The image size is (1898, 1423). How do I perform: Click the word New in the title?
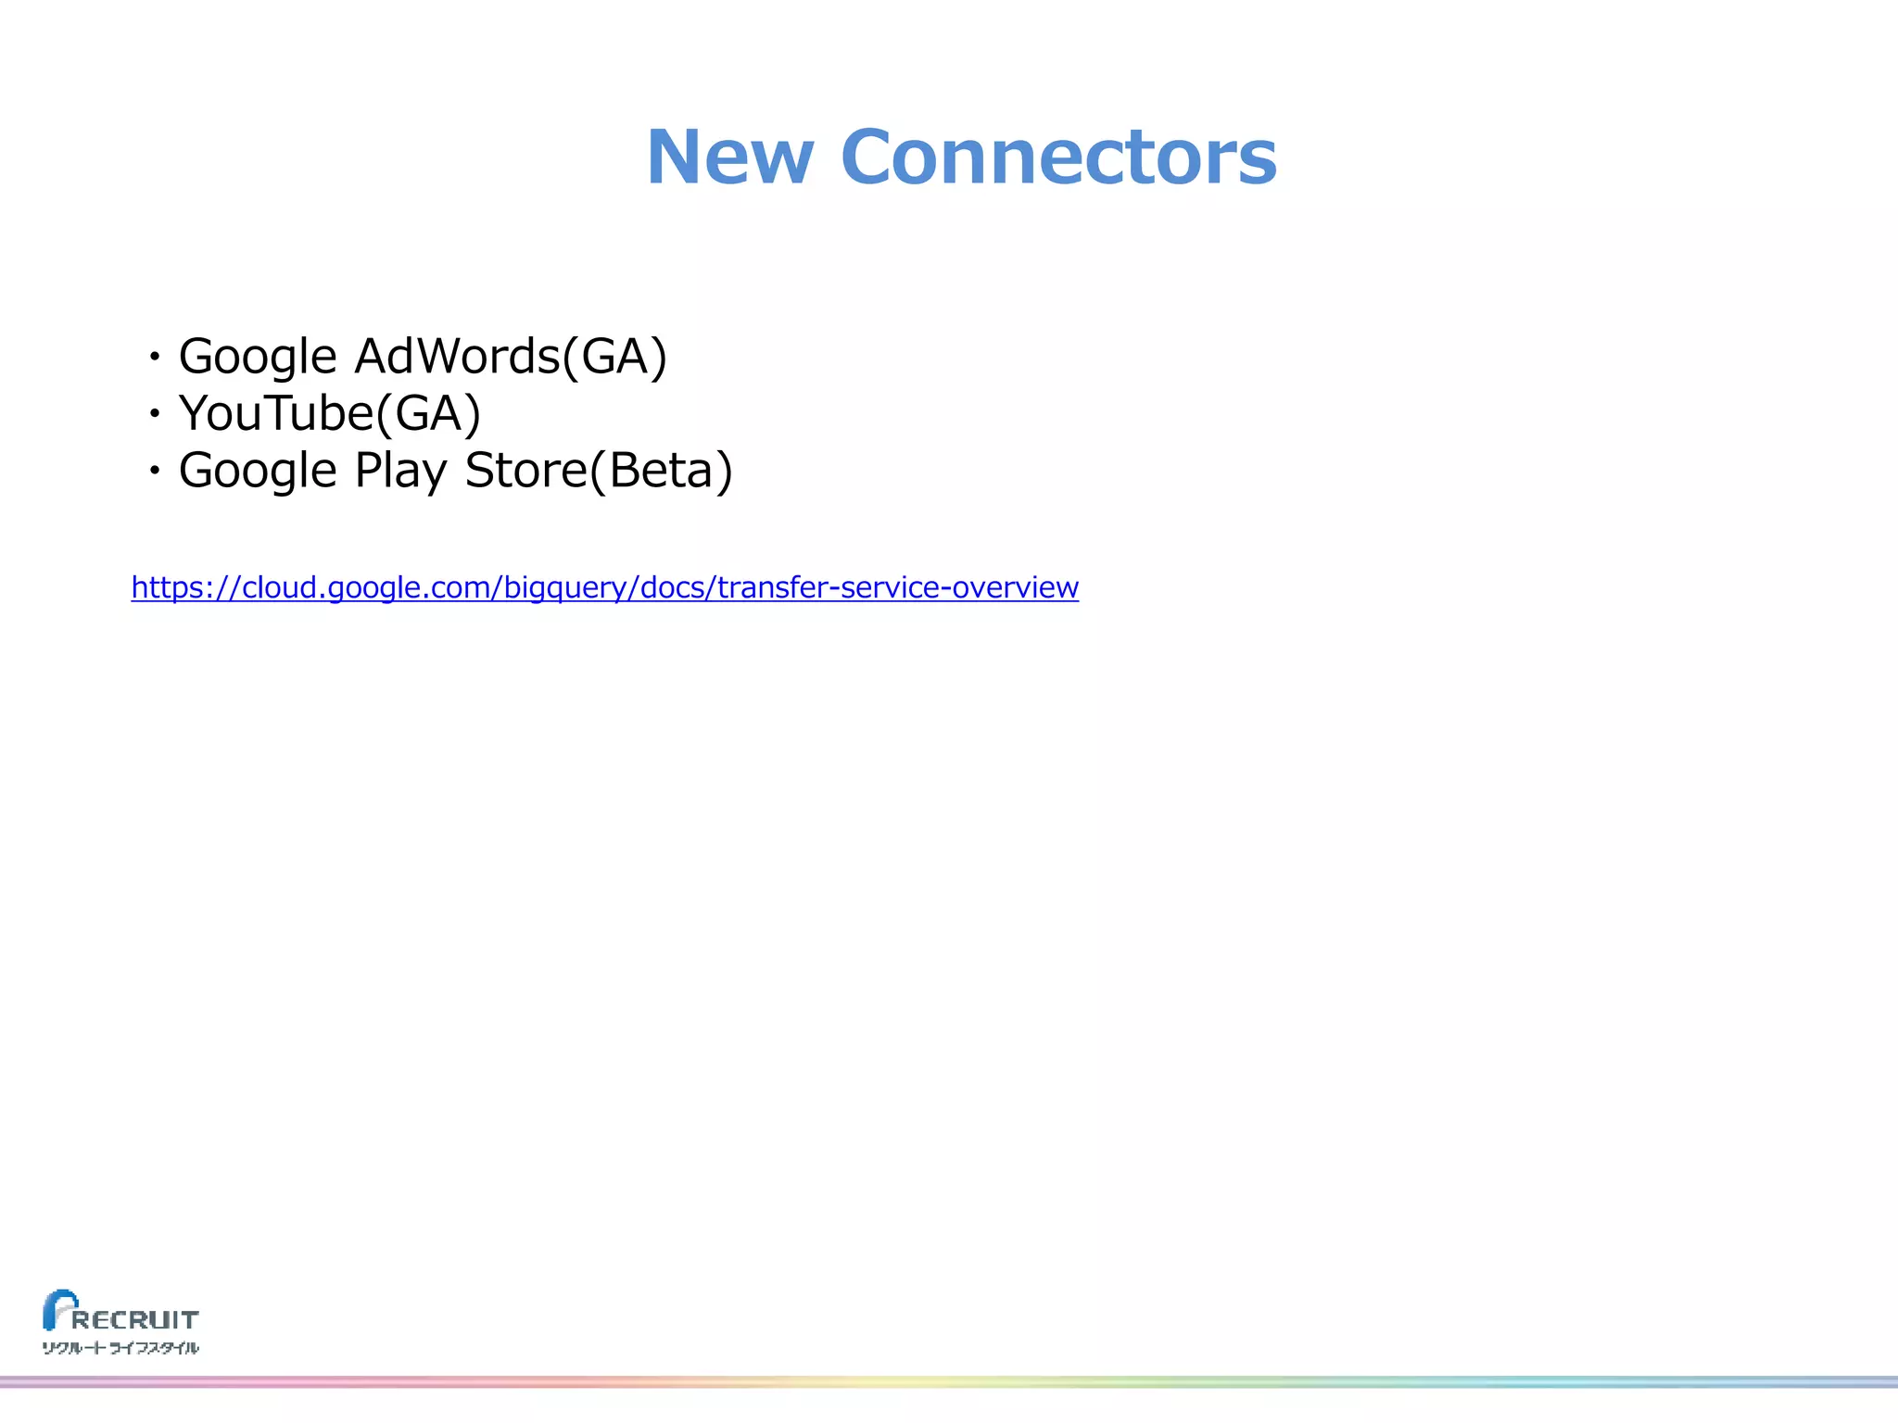point(729,157)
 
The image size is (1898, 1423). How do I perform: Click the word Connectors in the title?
point(1058,157)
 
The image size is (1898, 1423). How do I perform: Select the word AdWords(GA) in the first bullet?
point(511,357)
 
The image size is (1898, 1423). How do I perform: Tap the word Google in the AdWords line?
point(258,357)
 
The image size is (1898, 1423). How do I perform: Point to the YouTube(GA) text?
point(330,413)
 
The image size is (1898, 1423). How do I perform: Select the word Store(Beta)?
point(599,471)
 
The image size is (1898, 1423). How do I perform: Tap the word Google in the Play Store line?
point(258,471)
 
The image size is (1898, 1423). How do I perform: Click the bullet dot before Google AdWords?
point(155,357)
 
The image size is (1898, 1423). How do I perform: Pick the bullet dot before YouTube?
point(155,413)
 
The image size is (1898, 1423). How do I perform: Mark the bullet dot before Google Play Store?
point(155,472)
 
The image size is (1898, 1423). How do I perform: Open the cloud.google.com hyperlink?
point(604,587)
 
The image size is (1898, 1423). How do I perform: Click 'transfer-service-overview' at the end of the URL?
point(897,587)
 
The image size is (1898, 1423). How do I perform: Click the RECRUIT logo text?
point(135,1319)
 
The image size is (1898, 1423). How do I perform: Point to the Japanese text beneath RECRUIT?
point(120,1348)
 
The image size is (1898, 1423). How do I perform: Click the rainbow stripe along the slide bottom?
point(949,1381)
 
